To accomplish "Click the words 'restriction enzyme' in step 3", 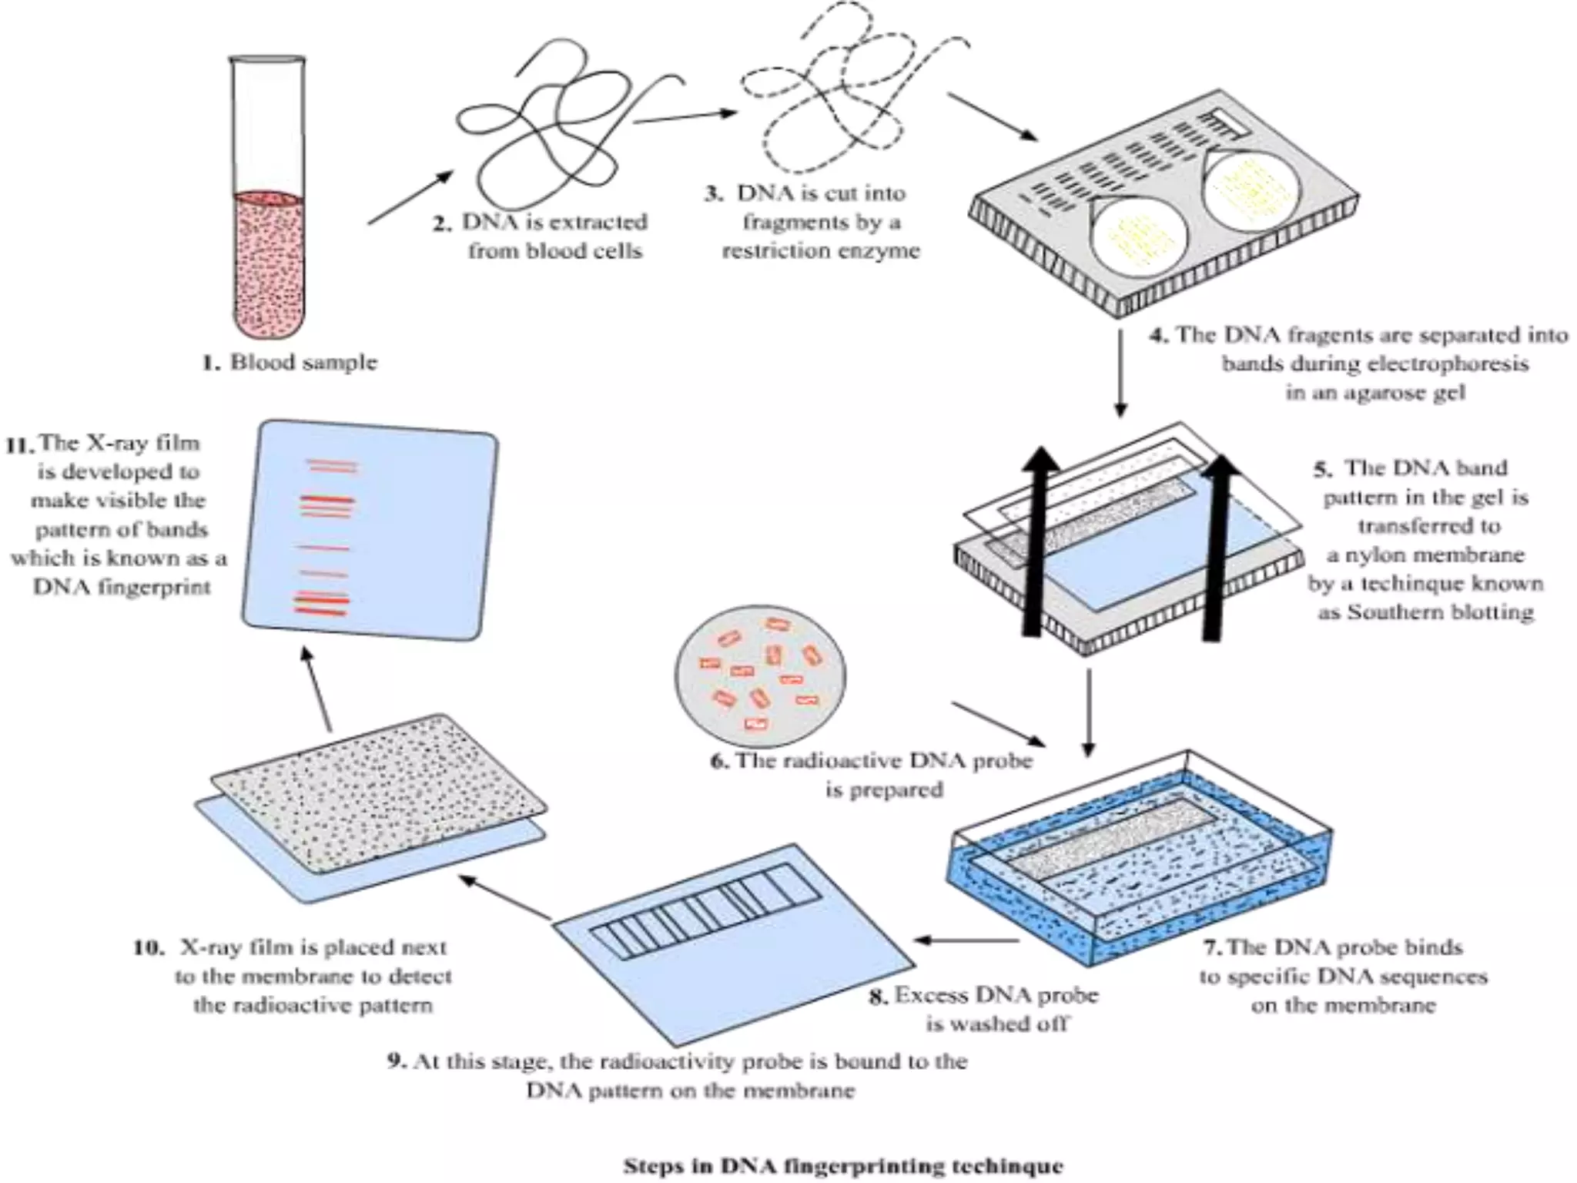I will (821, 251).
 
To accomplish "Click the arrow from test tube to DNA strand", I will (410, 197).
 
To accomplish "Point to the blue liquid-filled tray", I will (1140, 863).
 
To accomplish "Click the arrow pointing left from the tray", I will (966, 940).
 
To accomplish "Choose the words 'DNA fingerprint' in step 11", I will (122, 588).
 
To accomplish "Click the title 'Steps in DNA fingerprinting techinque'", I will (842, 1166).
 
